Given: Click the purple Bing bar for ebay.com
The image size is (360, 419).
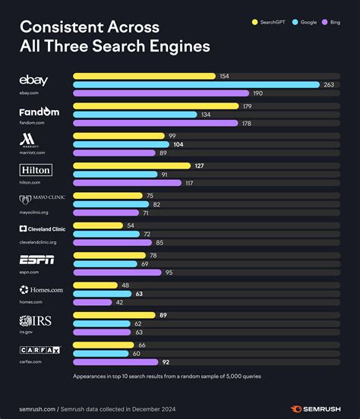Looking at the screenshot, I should [x=160, y=93].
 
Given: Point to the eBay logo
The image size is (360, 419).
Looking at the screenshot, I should [x=34, y=80].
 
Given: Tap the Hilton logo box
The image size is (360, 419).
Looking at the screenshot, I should [x=36, y=169].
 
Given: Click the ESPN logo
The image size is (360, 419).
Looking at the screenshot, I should [x=36, y=260].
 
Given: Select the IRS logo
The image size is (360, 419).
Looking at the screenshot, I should [x=35, y=319].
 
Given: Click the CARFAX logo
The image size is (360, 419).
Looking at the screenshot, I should [x=36, y=350].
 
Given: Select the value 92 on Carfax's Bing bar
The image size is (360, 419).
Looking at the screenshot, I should [x=165, y=363].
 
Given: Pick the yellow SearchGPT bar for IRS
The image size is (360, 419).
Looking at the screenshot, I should [x=114, y=315].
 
